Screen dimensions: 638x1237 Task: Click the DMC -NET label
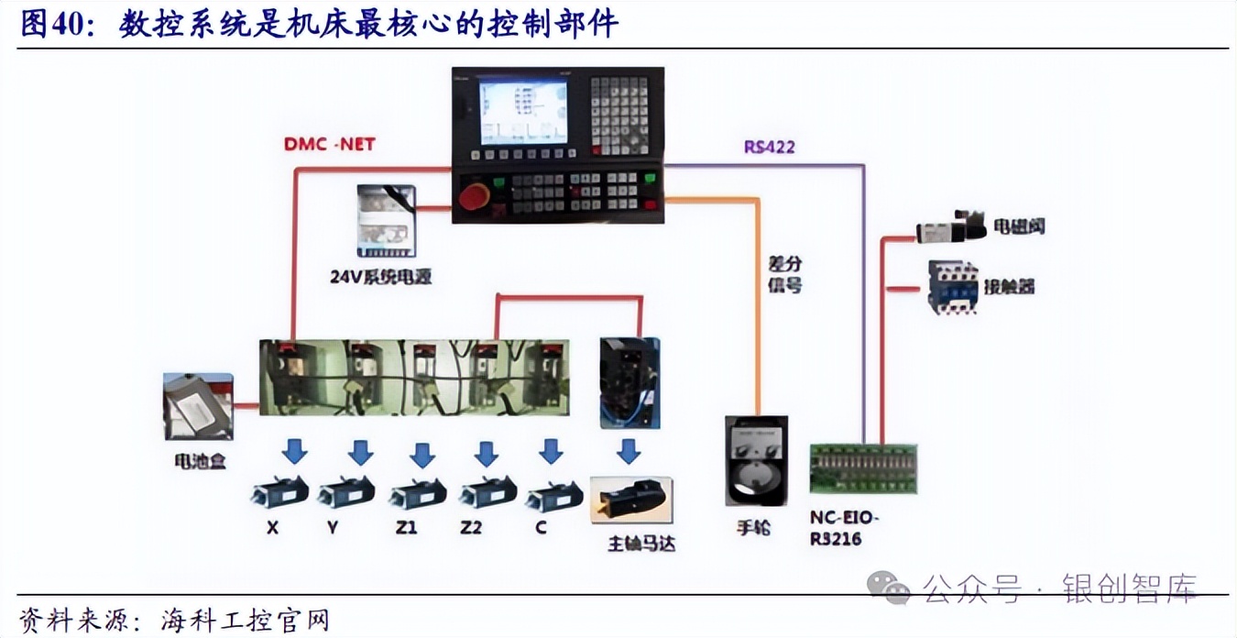[329, 144]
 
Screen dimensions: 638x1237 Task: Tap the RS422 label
[769, 147]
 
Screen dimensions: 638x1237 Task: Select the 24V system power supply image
[386, 222]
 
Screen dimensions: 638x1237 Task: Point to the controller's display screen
[523, 112]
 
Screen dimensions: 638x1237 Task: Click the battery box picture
[198, 406]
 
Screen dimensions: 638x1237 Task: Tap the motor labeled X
[279, 493]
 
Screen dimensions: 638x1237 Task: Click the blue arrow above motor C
[550, 452]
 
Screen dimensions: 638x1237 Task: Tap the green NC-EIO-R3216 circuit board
[863, 468]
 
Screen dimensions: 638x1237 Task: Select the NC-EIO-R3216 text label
[844, 529]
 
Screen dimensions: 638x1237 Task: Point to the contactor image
[952, 287]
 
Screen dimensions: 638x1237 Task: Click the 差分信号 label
[784, 275]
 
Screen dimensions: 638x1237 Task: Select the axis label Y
[334, 529]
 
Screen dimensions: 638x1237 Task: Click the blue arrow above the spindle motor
[628, 452]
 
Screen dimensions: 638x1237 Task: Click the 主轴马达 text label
[641, 544]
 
